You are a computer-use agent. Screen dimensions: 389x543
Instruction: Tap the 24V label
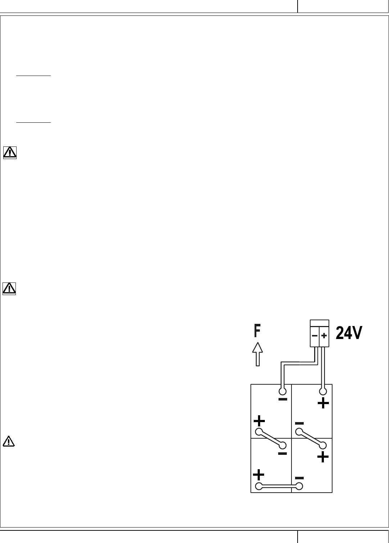(x=349, y=334)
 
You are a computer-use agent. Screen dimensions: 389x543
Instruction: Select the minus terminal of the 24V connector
(x=315, y=336)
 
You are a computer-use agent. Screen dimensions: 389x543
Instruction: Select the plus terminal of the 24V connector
(x=324, y=336)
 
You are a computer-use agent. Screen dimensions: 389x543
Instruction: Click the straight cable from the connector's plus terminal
(x=324, y=367)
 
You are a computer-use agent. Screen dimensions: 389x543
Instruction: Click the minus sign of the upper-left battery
(x=283, y=399)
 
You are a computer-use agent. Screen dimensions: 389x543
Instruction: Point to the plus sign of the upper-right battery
(x=323, y=403)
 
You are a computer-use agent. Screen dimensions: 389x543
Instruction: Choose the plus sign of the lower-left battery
(x=259, y=474)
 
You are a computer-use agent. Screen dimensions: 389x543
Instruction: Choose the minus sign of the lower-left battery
(x=282, y=454)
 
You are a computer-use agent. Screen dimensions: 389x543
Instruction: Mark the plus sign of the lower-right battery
(x=323, y=457)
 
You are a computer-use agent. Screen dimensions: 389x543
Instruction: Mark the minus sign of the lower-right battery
(x=299, y=478)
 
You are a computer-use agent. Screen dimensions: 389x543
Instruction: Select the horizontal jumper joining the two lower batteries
(x=279, y=487)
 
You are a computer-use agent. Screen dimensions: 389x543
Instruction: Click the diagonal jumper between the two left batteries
(x=271, y=438)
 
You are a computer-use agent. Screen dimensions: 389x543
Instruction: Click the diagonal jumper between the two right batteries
(x=311, y=438)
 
